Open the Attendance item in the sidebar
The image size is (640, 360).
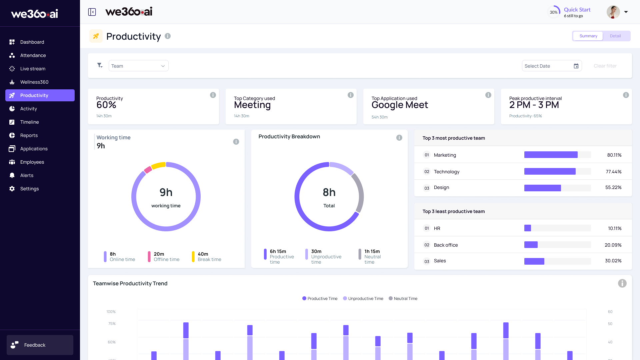(x=33, y=55)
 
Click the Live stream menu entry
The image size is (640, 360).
(x=33, y=69)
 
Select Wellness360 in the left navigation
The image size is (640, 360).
(x=34, y=82)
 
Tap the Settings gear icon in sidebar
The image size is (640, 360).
(x=12, y=189)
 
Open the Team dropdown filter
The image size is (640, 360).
(x=138, y=66)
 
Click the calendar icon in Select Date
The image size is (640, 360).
(x=576, y=66)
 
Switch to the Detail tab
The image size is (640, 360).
(x=615, y=36)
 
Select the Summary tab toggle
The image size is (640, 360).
(x=588, y=36)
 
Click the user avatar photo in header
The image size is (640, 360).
(x=613, y=12)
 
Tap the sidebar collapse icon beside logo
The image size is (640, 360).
(x=92, y=12)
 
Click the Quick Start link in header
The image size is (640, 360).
(x=577, y=10)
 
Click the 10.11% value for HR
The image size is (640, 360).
(x=614, y=228)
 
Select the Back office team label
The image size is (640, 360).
(x=446, y=245)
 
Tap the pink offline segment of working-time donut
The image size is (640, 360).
(x=148, y=170)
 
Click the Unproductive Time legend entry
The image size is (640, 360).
(x=365, y=299)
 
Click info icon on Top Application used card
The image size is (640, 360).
(x=488, y=95)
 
